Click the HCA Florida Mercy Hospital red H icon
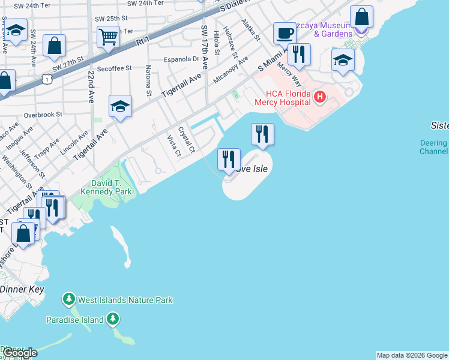click(x=319, y=96)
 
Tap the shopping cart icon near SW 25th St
click(x=108, y=36)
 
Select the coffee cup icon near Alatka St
click(x=284, y=32)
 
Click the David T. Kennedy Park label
click(x=103, y=187)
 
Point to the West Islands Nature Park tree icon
click(x=69, y=299)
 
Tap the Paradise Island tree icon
click(x=112, y=319)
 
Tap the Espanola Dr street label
click(x=182, y=59)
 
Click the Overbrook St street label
click(x=43, y=114)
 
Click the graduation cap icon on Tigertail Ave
click(x=120, y=106)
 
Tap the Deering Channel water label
click(x=433, y=148)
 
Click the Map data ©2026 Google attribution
click(x=412, y=355)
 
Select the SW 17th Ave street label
click(x=205, y=46)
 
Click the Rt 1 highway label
click(x=142, y=41)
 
